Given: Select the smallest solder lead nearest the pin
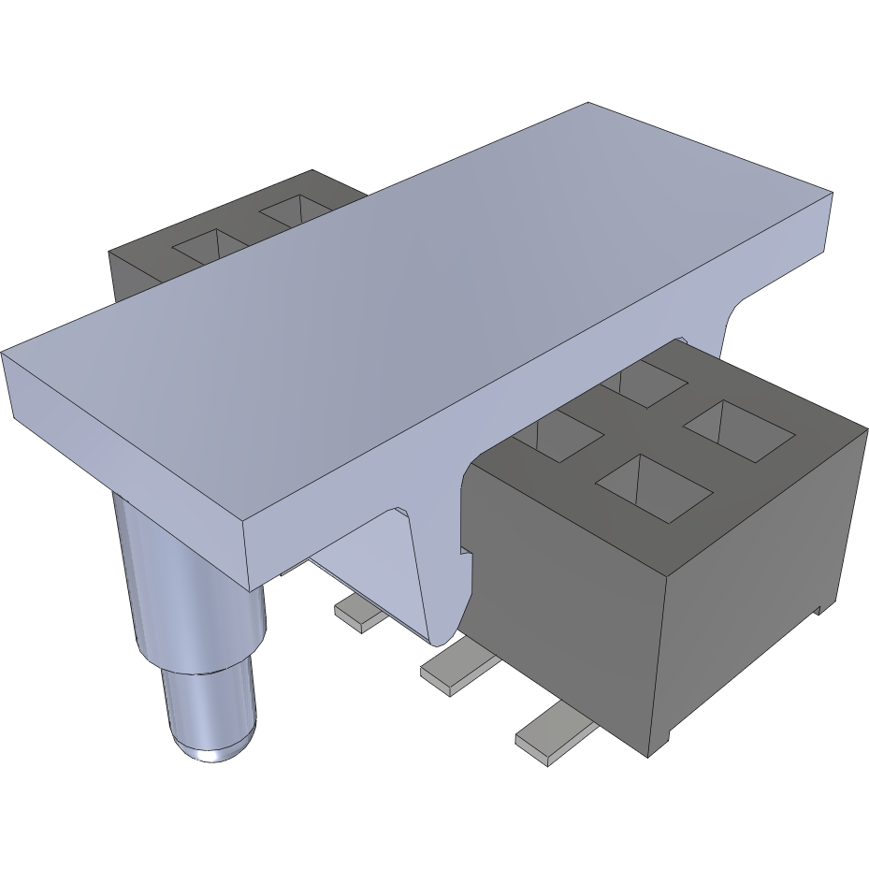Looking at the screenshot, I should pyautogui.click(x=356, y=614).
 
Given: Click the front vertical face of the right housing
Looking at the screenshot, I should pyautogui.click(x=561, y=599).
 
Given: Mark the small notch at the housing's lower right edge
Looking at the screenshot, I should pyautogui.click(x=820, y=610).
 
